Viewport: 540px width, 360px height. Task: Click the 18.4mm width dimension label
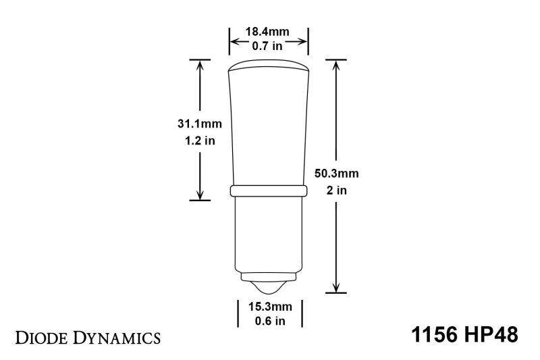click(x=269, y=32)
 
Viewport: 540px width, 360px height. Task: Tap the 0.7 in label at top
click(x=269, y=46)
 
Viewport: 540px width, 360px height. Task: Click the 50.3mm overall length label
click(x=336, y=174)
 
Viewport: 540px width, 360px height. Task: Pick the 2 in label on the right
click(x=336, y=190)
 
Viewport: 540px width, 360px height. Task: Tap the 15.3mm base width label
click(x=269, y=305)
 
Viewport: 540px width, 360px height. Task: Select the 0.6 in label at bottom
click(x=269, y=320)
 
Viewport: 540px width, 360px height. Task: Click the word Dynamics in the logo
click(x=115, y=336)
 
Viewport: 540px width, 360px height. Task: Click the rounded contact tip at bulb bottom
click(x=269, y=286)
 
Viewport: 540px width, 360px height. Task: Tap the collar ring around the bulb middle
click(x=269, y=191)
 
